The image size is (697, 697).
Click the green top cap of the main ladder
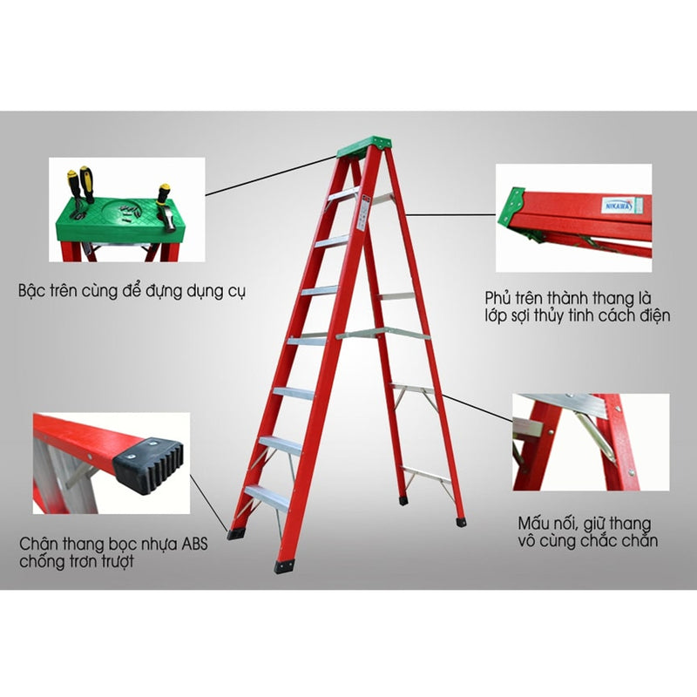(364, 146)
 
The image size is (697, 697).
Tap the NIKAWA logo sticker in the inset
(619, 205)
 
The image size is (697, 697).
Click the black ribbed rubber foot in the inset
(148, 465)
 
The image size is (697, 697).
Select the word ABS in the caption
(194, 544)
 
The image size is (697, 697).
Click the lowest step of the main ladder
(267, 497)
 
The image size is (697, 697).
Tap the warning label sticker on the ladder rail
(363, 212)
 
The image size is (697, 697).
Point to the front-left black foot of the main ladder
(284, 565)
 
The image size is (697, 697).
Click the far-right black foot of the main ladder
(462, 521)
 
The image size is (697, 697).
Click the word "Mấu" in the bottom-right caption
(533, 524)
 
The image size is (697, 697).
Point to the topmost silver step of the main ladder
(342, 194)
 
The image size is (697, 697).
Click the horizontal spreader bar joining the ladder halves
(383, 333)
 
